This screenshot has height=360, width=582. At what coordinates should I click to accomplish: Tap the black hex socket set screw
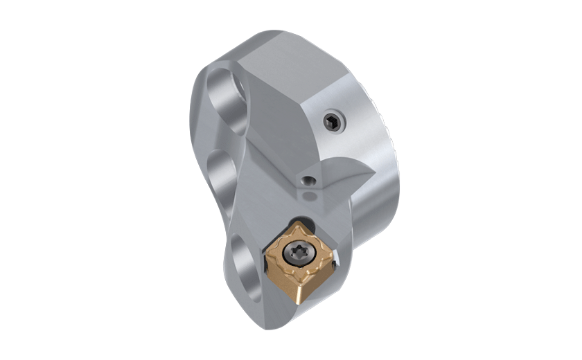(x=331, y=123)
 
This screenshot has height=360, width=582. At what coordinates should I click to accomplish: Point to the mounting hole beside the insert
(x=246, y=260)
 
